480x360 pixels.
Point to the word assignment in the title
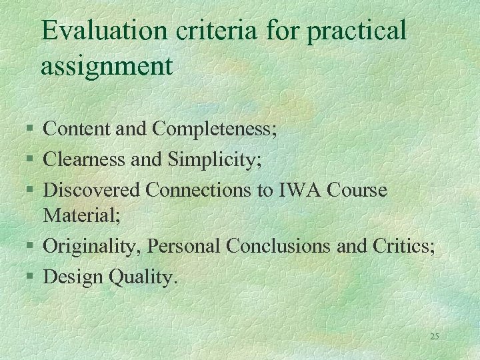(107, 67)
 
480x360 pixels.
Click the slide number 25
(434, 337)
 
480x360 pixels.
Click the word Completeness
(214, 129)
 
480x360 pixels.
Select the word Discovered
(91, 190)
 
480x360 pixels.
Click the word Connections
(203, 190)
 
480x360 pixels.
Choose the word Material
(74, 215)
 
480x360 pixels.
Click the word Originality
(92, 246)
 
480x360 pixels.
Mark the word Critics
(402, 246)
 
